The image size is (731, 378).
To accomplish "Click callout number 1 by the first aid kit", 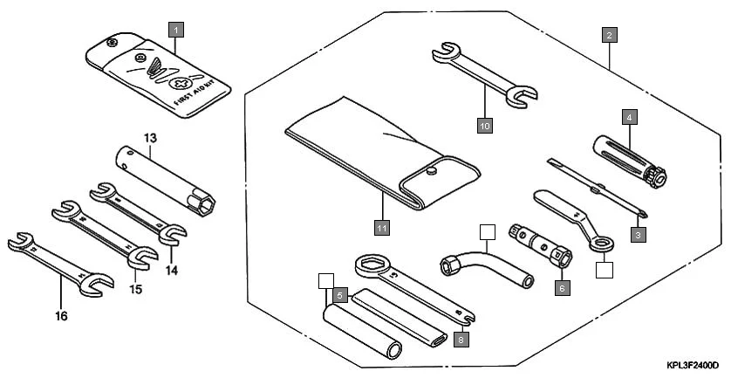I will click(x=176, y=31).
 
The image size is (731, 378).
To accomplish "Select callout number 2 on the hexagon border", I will click(x=610, y=36).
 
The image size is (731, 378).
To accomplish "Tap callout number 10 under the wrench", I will click(x=485, y=126).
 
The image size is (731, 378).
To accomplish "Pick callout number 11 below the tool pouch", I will click(x=381, y=229).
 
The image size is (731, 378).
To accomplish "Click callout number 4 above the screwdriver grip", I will click(x=628, y=116).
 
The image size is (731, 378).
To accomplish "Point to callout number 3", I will click(x=639, y=235).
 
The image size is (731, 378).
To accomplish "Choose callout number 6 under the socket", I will click(x=562, y=286).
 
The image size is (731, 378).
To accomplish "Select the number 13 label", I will click(x=150, y=139).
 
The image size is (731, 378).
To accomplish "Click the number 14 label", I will click(x=172, y=271).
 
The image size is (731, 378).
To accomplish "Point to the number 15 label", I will click(x=135, y=289).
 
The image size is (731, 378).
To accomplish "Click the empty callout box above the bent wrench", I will click(x=487, y=232).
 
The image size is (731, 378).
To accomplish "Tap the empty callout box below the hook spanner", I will click(x=604, y=270).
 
